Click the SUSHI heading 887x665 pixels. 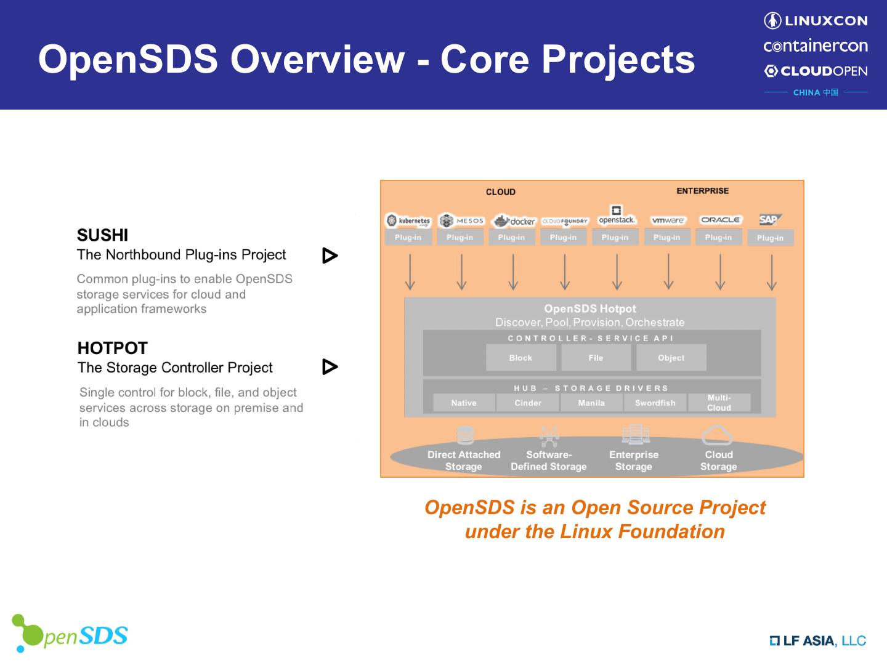[x=102, y=235]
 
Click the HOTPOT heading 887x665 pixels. [x=112, y=349]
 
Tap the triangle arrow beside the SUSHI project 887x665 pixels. [x=330, y=256]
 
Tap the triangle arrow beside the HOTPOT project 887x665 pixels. [x=330, y=367]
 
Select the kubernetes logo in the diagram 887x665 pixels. [x=408, y=220]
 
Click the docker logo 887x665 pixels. [x=514, y=221]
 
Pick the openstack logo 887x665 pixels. [x=617, y=216]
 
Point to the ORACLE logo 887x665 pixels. [x=720, y=220]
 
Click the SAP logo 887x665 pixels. [x=769, y=220]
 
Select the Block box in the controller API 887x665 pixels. [x=520, y=358]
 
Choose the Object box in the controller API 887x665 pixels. [x=671, y=358]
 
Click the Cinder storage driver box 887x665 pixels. [x=528, y=403]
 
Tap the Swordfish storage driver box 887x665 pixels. [x=655, y=403]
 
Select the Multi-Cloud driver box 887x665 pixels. [x=719, y=403]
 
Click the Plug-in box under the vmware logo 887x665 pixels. [x=667, y=238]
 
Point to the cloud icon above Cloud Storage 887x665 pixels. [x=717, y=435]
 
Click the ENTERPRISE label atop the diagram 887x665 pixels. [x=702, y=191]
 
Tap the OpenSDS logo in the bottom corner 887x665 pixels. [x=70, y=634]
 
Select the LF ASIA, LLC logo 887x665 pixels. [x=817, y=641]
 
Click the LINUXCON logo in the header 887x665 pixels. [x=816, y=21]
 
